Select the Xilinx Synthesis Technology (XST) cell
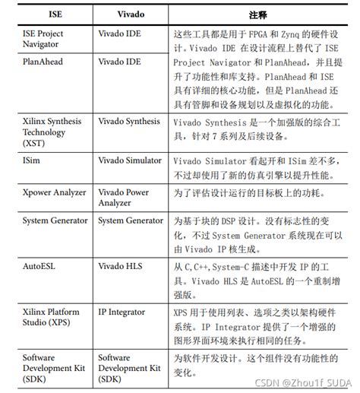point(52,132)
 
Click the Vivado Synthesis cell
point(129,122)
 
